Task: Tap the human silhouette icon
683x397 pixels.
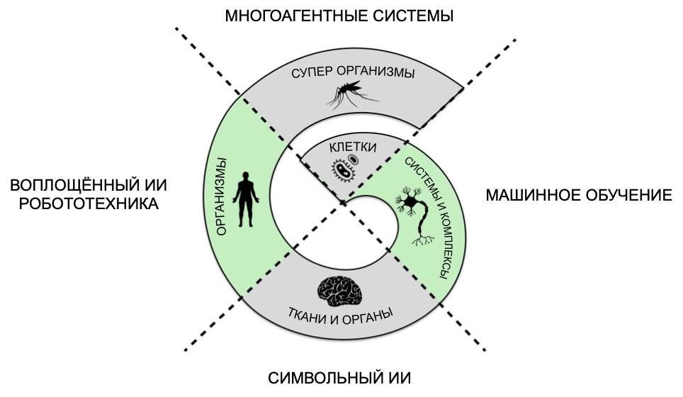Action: click(245, 198)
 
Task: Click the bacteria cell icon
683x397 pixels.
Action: click(344, 169)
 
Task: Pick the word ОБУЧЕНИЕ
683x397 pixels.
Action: click(631, 196)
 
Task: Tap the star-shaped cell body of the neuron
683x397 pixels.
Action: click(409, 202)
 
